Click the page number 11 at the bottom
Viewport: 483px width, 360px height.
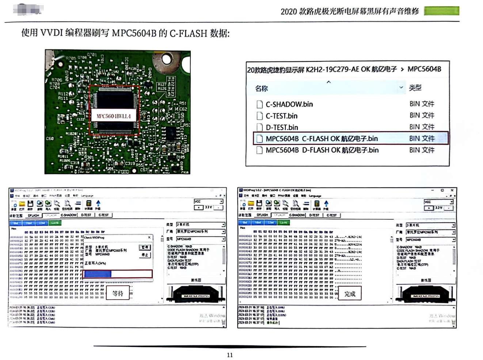click(x=230, y=355)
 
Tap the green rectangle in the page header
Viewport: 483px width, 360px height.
click(x=441, y=11)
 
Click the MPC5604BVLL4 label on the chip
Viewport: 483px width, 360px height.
click(x=113, y=116)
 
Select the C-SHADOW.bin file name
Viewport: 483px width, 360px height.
click(x=289, y=105)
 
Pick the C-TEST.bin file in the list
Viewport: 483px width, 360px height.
click(x=281, y=116)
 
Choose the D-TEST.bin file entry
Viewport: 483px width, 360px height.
click(x=282, y=128)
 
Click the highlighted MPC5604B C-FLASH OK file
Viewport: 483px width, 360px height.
click(x=322, y=139)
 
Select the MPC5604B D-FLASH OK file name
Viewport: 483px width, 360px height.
click(x=322, y=150)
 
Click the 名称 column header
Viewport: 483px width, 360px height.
click(x=262, y=88)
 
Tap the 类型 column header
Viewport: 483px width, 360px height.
click(x=415, y=88)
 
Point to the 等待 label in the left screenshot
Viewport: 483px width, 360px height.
click(x=118, y=293)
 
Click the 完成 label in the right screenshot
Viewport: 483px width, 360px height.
click(x=350, y=294)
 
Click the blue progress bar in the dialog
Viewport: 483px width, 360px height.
click(x=98, y=274)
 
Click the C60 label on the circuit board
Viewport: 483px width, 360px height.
click(x=50, y=139)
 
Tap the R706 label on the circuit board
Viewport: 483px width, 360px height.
click(x=57, y=80)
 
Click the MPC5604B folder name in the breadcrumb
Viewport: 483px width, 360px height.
click(x=424, y=69)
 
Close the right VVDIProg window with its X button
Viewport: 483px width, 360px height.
click(x=452, y=190)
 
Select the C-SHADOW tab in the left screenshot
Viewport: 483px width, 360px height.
click(x=69, y=215)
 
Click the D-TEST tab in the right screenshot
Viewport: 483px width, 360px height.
click(x=314, y=215)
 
